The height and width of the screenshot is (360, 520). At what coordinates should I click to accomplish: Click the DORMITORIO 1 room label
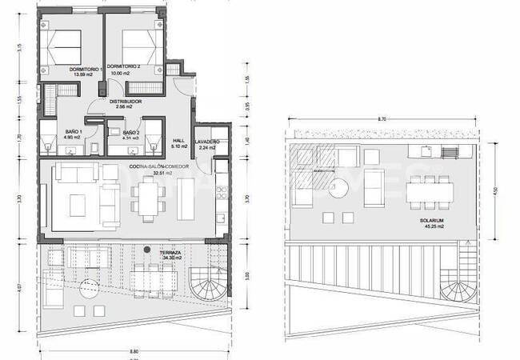click(85, 69)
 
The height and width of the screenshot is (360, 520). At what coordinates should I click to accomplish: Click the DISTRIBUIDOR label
click(126, 102)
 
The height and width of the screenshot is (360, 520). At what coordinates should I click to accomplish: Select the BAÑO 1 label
click(73, 131)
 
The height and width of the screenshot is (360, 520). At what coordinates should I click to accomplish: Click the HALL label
click(179, 138)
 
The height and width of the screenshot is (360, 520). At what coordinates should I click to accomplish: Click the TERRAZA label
click(168, 251)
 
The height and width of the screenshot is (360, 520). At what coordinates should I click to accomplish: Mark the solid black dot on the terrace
click(146, 251)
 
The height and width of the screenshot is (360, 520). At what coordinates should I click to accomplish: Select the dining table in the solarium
click(429, 193)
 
